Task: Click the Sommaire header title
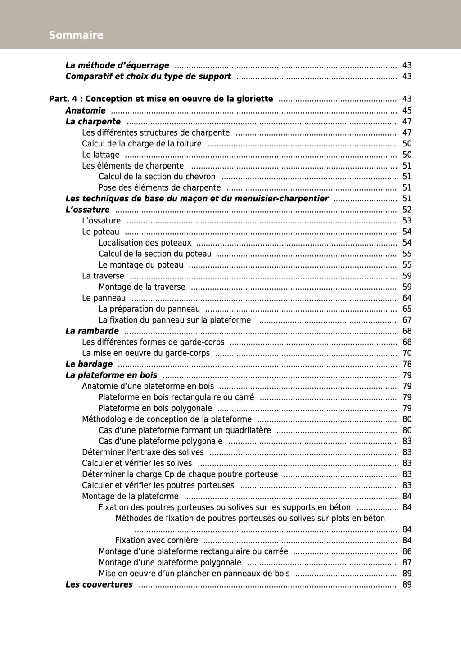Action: point(76,35)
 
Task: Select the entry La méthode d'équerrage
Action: point(117,65)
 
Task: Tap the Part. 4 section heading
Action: point(161,99)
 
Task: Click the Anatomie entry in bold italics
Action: point(86,110)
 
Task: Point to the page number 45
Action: point(407,110)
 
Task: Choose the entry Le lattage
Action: point(100,155)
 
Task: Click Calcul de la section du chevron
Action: point(157,177)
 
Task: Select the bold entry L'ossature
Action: point(87,210)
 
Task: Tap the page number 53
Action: point(407,221)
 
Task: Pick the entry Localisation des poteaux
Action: point(145,243)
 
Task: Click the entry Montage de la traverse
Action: point(142,287)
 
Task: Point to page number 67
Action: point(407,320)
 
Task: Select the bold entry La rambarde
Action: point(92,331)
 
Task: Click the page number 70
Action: point(407,353)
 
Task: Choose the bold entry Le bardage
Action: point(89,364)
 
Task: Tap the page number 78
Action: point(407,364)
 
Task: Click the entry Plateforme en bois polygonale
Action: point(155,408)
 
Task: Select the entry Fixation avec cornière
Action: point(156,540)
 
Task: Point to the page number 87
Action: point(407,562)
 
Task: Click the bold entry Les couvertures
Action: point(99,584)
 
